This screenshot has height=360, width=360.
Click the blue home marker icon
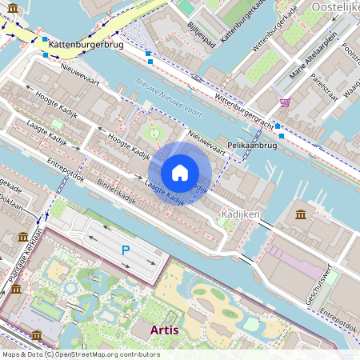tap(180, 173)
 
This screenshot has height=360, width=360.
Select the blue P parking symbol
tap(125, 250)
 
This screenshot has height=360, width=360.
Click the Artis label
tap(170, 330)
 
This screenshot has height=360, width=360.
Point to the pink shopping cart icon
tap(285, 102)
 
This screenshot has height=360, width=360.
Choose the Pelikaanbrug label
tap(252, 146)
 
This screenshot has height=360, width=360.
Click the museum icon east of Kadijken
tap(300, 214)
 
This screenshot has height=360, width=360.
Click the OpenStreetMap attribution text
tap(81, 354)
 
